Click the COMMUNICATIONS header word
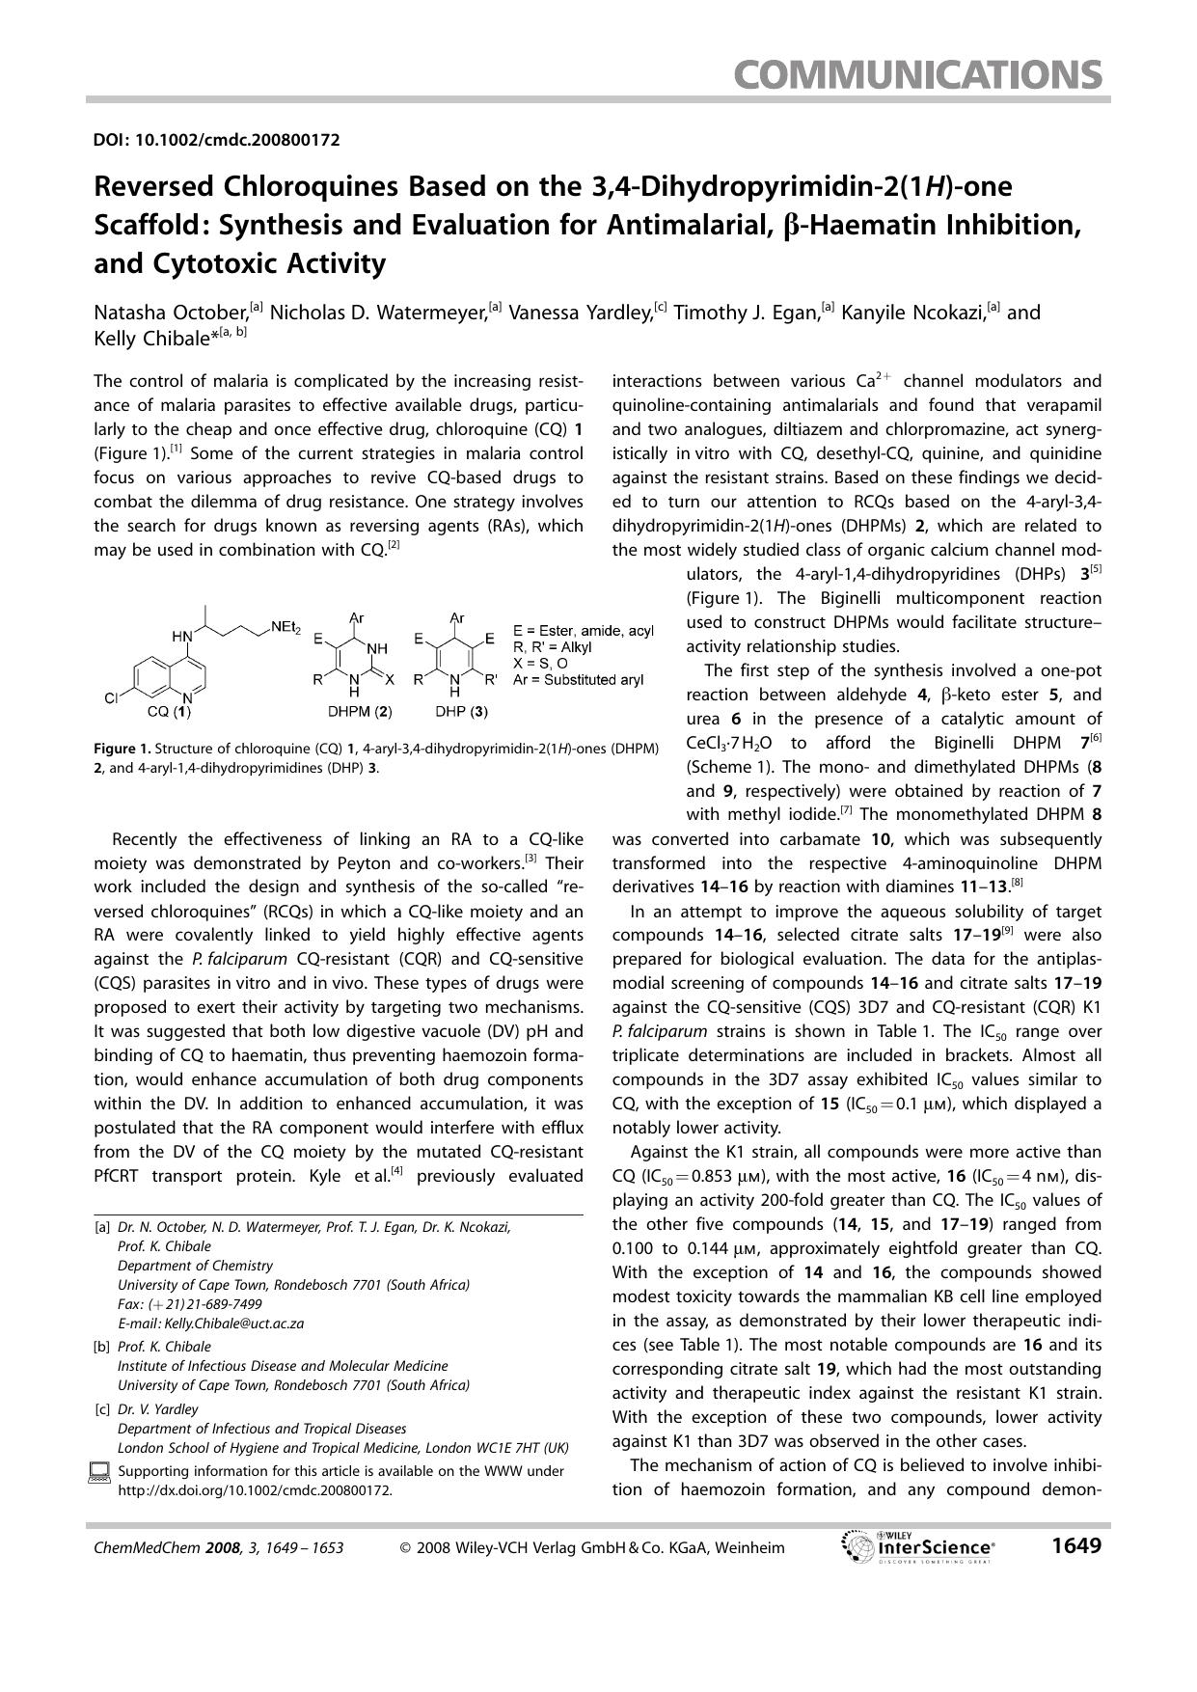click(916, 74)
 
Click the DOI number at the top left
click(216, 140)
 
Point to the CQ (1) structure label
click(169, 713)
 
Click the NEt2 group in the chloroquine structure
click(286, 627)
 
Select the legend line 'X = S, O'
click(544, 664)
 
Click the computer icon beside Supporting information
click(99, 1472)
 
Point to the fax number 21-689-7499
click(216, 1304)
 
